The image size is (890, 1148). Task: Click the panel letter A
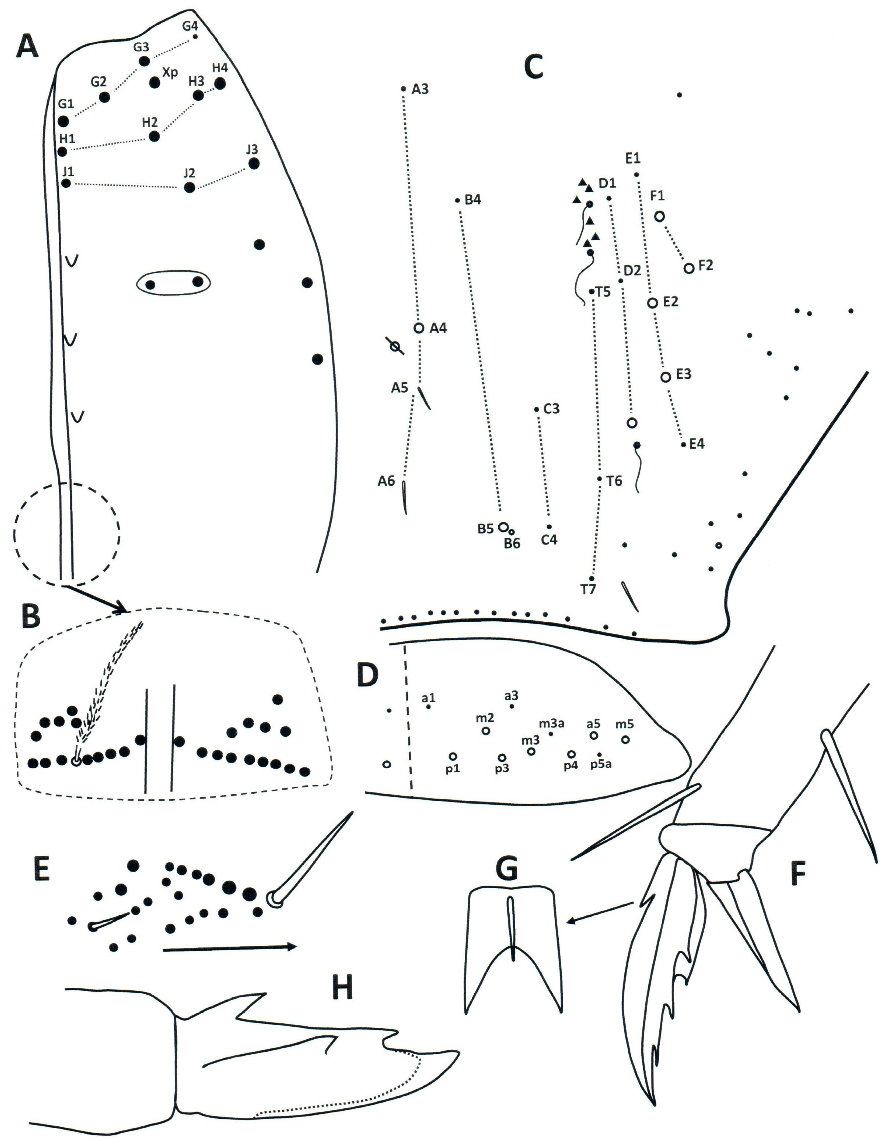point(27,46)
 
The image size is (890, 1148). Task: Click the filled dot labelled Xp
point(154,83)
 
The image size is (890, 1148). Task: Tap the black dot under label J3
point(253,163)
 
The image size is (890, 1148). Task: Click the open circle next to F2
point(689,268)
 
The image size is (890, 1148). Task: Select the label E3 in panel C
point(683,374)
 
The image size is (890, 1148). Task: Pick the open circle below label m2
point(486,731)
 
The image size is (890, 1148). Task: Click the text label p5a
point(600,764)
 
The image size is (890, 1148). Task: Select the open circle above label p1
point(453,756)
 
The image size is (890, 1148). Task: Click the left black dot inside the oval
point(150,285)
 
